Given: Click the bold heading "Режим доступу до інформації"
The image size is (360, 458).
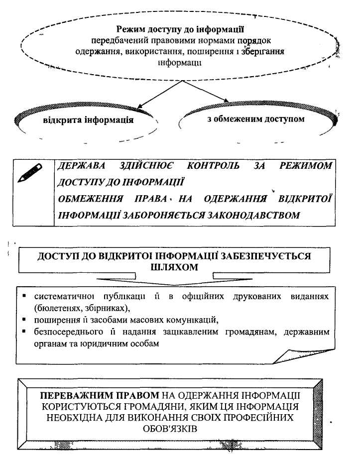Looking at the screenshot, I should point(180,30).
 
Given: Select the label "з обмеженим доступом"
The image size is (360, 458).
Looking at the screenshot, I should point(255,119).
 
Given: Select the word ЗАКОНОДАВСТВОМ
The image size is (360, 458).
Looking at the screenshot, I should point(252,216).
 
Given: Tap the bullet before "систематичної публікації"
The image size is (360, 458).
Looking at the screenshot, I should point(24,296).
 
